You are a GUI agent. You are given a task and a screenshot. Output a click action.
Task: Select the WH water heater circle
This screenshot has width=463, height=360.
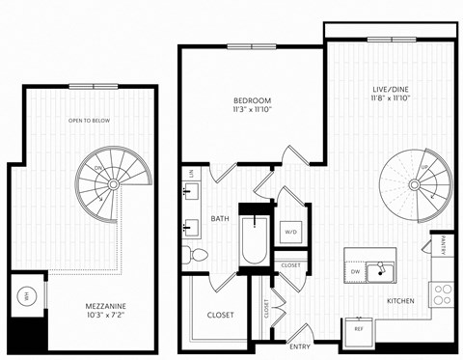(29, 295)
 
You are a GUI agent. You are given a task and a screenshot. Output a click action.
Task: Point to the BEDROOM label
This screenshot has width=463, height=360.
(252, 100)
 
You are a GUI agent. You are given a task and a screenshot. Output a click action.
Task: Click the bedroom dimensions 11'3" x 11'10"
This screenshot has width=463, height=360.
(252, 111)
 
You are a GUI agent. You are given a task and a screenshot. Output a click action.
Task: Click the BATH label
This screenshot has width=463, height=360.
(219, 219)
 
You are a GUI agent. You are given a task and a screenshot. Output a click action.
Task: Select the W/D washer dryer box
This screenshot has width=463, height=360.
(291, 233)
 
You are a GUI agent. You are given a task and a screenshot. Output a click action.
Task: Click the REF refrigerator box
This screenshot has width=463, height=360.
(359, 329)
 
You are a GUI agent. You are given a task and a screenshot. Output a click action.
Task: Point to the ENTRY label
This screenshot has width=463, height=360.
(300, 346)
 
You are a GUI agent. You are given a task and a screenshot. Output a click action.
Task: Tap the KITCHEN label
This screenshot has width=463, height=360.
(400, 301)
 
